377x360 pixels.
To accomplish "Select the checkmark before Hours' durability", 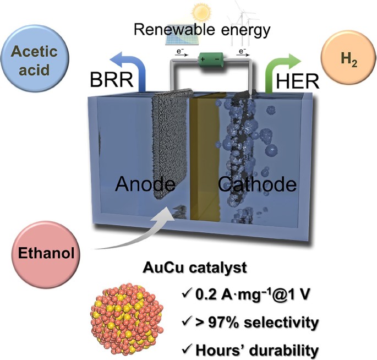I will (186, 348).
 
